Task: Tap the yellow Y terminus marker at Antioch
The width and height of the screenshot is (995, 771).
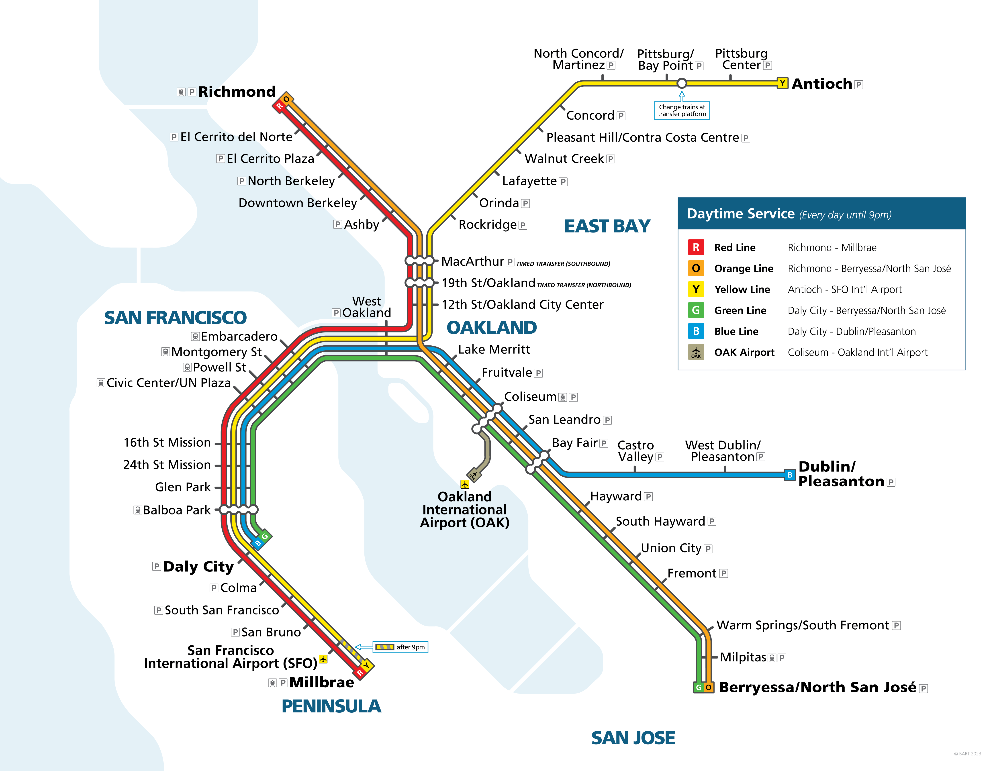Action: (x=782, y=83)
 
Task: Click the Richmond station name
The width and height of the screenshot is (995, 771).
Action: (x=237, y=92)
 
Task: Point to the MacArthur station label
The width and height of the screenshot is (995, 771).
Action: (x=472, y=261)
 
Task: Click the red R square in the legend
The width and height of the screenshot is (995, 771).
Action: (x=696, y=247)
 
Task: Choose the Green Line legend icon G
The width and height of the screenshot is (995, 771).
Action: (x=696, y=310)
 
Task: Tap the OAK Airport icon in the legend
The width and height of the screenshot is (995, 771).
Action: (x=696, y=352)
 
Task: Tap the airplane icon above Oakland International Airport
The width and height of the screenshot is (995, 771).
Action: (x=464, y=484)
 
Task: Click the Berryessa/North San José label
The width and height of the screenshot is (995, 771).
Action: (x=817, y=687)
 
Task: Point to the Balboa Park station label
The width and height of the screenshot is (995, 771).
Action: (x=177, y=510)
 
